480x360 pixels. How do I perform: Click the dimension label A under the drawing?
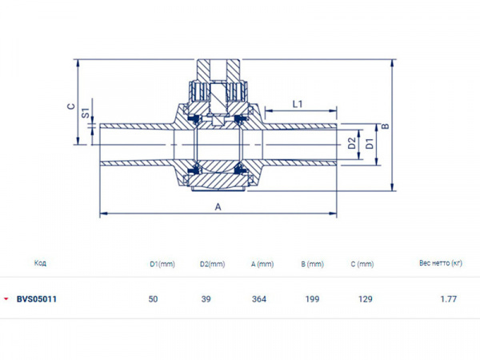pos(217,206)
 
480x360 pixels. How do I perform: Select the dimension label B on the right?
pos(385,126)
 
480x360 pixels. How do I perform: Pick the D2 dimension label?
pos(350,144)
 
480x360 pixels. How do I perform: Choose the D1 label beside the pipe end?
pos(369,144)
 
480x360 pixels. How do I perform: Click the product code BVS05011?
pos(36,299)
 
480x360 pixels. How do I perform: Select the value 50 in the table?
pos(153,299)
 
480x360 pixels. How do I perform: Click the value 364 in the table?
pos(258,299)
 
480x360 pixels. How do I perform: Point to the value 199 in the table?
pos(312,299)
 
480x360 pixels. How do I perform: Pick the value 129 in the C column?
pos(365,299)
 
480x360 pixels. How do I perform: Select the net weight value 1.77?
pos(448,299)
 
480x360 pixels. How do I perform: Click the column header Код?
pos(40,262)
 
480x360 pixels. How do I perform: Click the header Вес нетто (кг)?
pos(441,262)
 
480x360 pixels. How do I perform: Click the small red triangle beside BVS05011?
pos(6,299)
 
